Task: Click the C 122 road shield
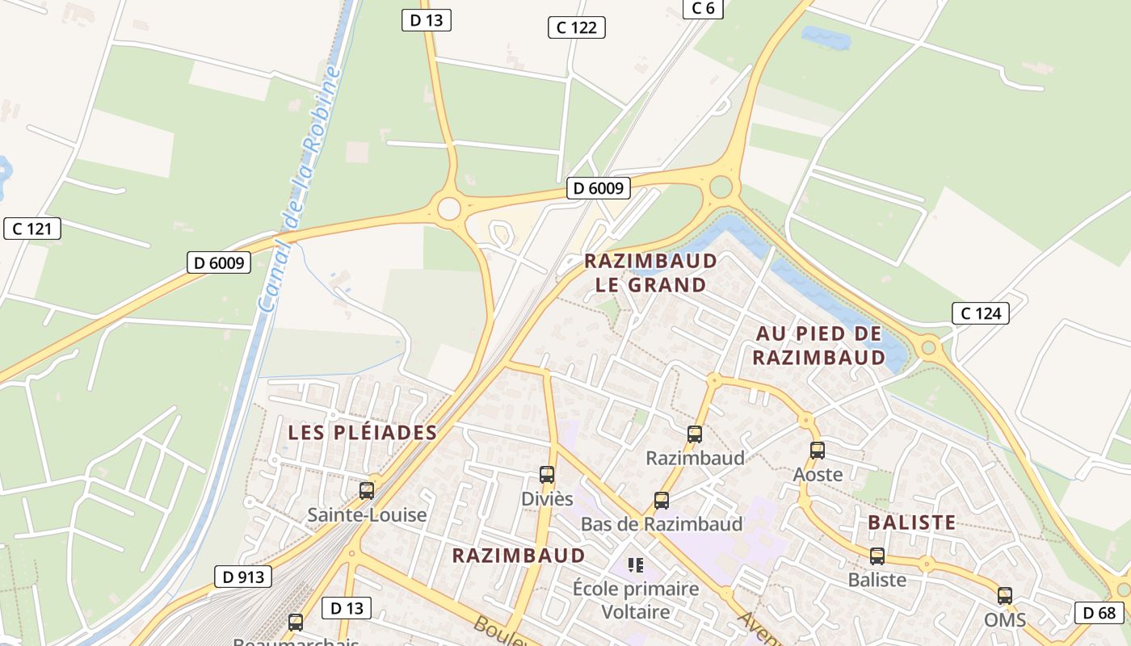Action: [577, 27]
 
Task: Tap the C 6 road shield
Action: [703, 8]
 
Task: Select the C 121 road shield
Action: [32, 229]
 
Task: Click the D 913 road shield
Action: [242, 577]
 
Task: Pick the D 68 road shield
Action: [1099, 612]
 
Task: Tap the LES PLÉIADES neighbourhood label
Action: [363, 433]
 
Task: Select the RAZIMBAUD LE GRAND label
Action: [650, 273]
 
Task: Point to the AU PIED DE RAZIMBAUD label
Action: [819, 346]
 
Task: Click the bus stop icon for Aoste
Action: [818, 451]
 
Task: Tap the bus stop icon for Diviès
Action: [547, 475]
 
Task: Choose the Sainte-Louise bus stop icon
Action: [367, 490]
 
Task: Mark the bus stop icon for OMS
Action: [1005, 596]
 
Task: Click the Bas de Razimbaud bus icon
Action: [662, 501]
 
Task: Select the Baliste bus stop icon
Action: [877, 556]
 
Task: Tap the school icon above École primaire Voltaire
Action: [636, 564]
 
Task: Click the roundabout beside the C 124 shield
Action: [928, 348]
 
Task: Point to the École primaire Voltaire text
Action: [636, 600]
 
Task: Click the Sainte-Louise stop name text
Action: [367, 514]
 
